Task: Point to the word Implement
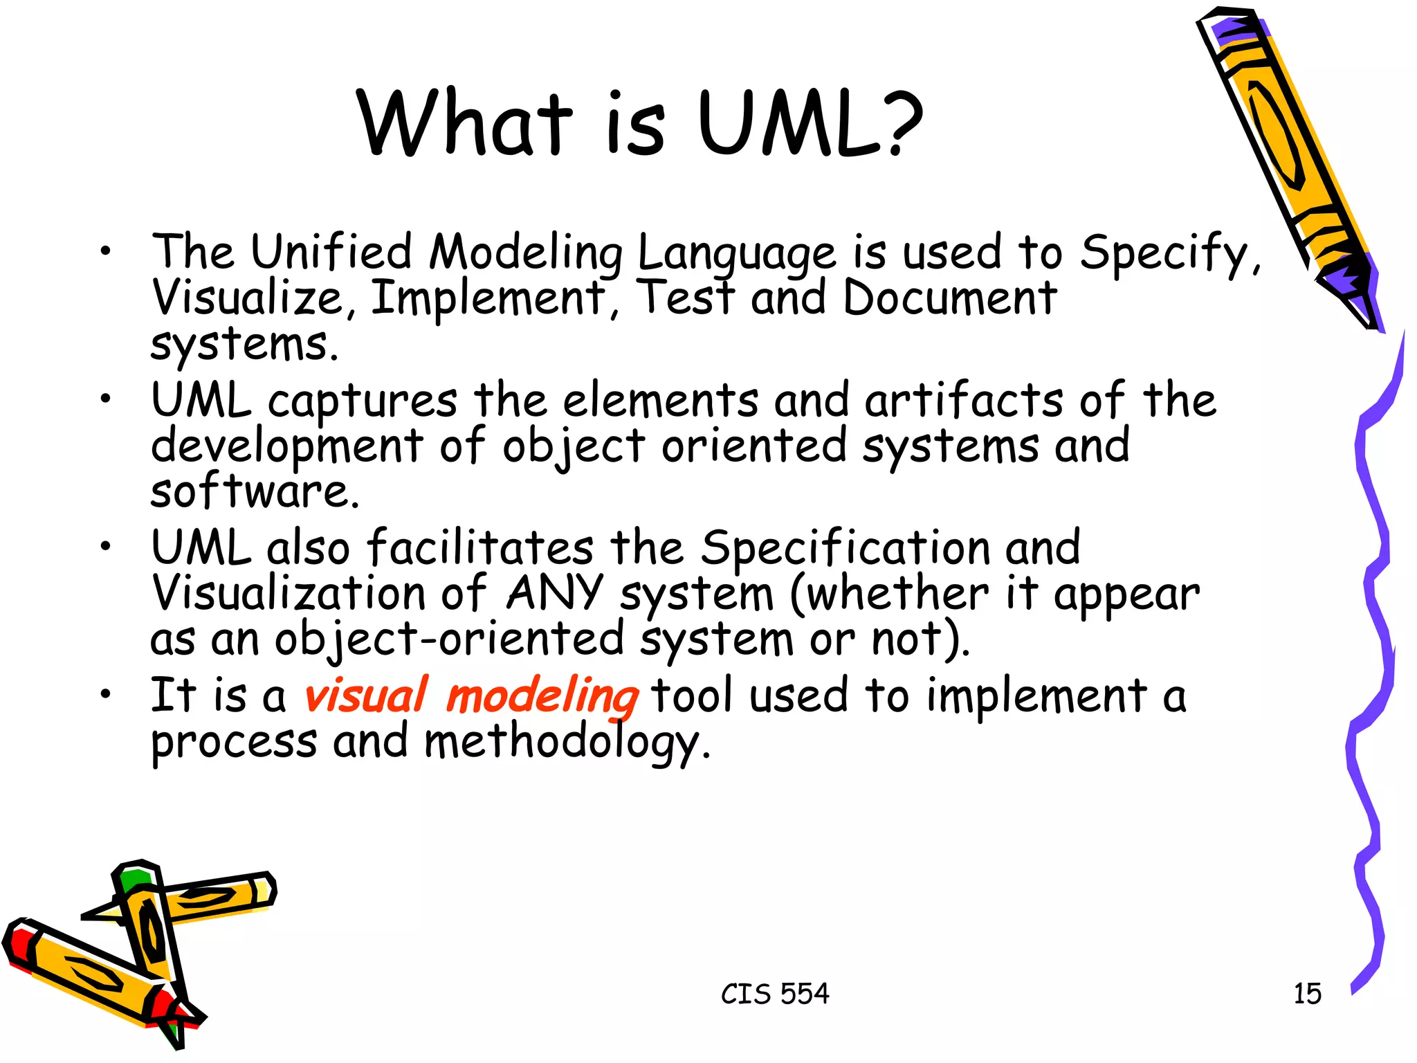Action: click(x=488, y=298)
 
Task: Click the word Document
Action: click(x=949, y=298)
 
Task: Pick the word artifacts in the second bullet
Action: click(x=963, y=401)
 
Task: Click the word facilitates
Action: click(x=479, y=548)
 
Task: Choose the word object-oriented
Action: click(x=450, y=639)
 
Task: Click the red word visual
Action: click(x=365, y=696)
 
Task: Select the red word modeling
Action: click(x=542, y=697)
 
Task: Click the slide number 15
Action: click(x=1307, y=994)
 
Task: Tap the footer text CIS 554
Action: click(x=775, y=994)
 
